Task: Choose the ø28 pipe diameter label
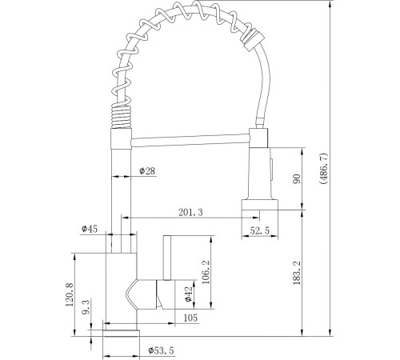pyautogui.click(x=146, y=170)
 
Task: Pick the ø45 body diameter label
pyautogui.click(x=89, y=229)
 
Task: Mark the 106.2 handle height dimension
pyautogui.click(x=206, y=272)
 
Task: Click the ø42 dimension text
pyautogui.click(x=189, y=294)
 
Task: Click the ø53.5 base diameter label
pyautogui.click(x=161, y=349)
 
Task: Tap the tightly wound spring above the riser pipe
pyautogui.click(x=118, y=117)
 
